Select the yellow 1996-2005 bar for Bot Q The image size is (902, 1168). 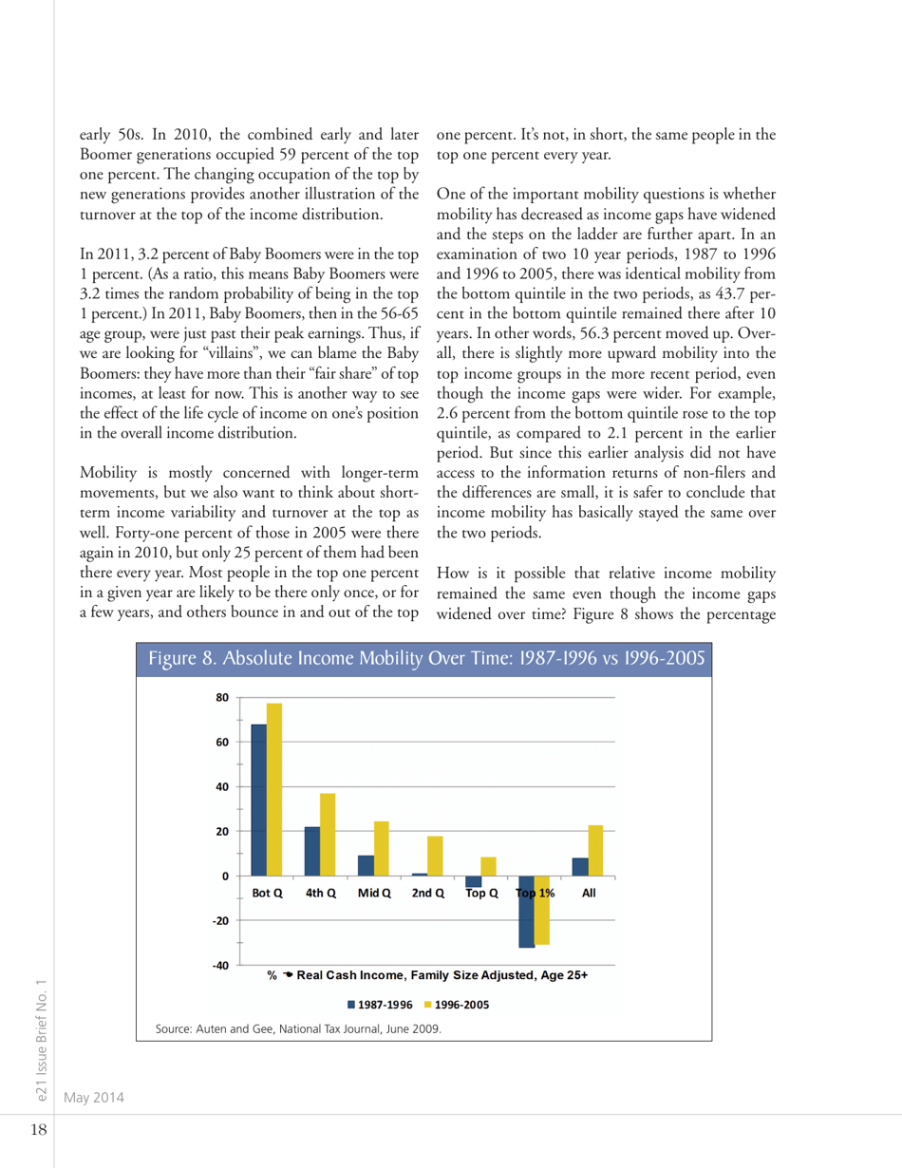[274, 789]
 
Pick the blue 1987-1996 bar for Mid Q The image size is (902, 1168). [366, 865]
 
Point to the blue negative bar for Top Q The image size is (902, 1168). [473, 881]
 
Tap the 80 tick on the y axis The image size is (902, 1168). [224, 698]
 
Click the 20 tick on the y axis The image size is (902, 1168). [224, 831]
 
